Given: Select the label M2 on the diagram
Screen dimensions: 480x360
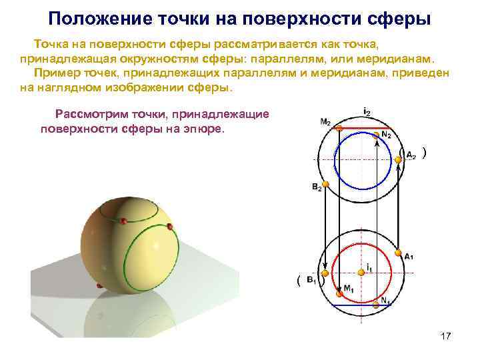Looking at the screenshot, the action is pyautogui.click(x=325, y=122).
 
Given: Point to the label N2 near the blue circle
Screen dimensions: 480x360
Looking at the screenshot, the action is pyautogui.click(x=386, y=136).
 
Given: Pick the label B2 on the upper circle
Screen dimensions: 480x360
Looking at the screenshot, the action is pyautogui.click(x=317, y=189).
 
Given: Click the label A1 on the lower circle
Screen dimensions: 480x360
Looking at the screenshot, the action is pyautogui.click(x=409, y=256).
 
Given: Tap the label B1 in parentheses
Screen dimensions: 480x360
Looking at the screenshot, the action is pyautogui.click(x=311, y=281).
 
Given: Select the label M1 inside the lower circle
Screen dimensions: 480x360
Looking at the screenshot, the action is pyautogui.click(x=349, y=289).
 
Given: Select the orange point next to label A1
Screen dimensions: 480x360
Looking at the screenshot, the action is pyautogui.click(x=399, y=252).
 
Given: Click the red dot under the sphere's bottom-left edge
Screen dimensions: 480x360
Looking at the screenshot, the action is pyautogui.click(x=99, y=286).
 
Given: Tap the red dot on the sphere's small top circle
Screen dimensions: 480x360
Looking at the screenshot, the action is pyautogui.click(x=123, y=220).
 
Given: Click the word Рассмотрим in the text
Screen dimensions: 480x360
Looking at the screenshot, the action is pyautogui.click(x=90, y=114).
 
